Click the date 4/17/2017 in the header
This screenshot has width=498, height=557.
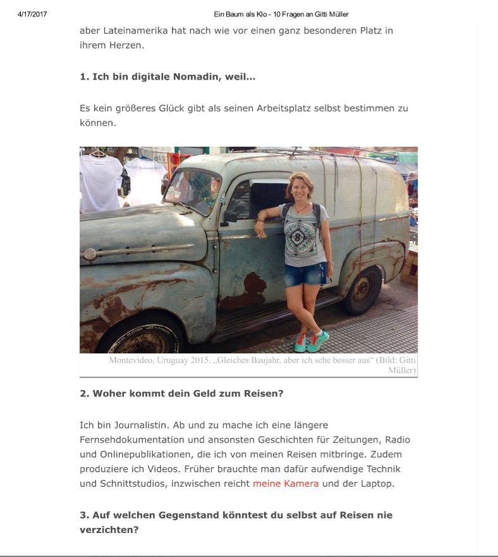[32, 15]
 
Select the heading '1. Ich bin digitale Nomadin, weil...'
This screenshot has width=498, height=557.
[167, 77]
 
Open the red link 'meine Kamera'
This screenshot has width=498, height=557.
[286, 484]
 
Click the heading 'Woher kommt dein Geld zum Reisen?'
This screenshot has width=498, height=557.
[188, 393]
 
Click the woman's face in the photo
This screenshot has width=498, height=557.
[300, 187]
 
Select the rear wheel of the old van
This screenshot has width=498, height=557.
[363, 290]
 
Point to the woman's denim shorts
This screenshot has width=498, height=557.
[305, 274]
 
